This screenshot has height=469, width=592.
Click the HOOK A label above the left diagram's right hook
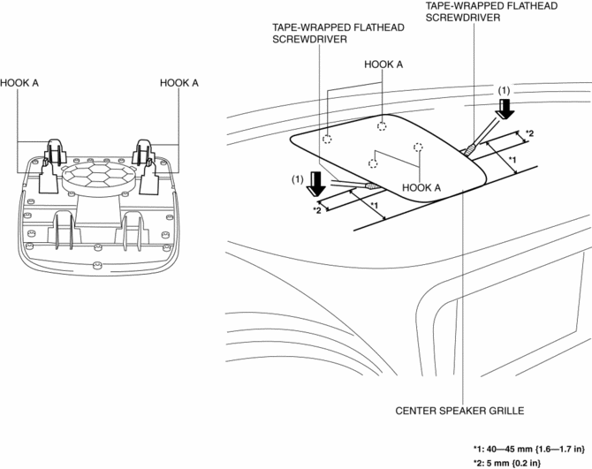point(178,82)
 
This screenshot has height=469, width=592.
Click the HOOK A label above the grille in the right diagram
point(383,64)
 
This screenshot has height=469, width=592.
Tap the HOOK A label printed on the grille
point(421,187)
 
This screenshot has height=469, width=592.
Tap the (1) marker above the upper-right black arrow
point(505,90)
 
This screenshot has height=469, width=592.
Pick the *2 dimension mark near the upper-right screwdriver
point(529,133)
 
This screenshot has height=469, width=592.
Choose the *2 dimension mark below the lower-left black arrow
point(316,210)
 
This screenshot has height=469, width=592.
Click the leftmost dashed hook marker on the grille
point(326,139)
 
